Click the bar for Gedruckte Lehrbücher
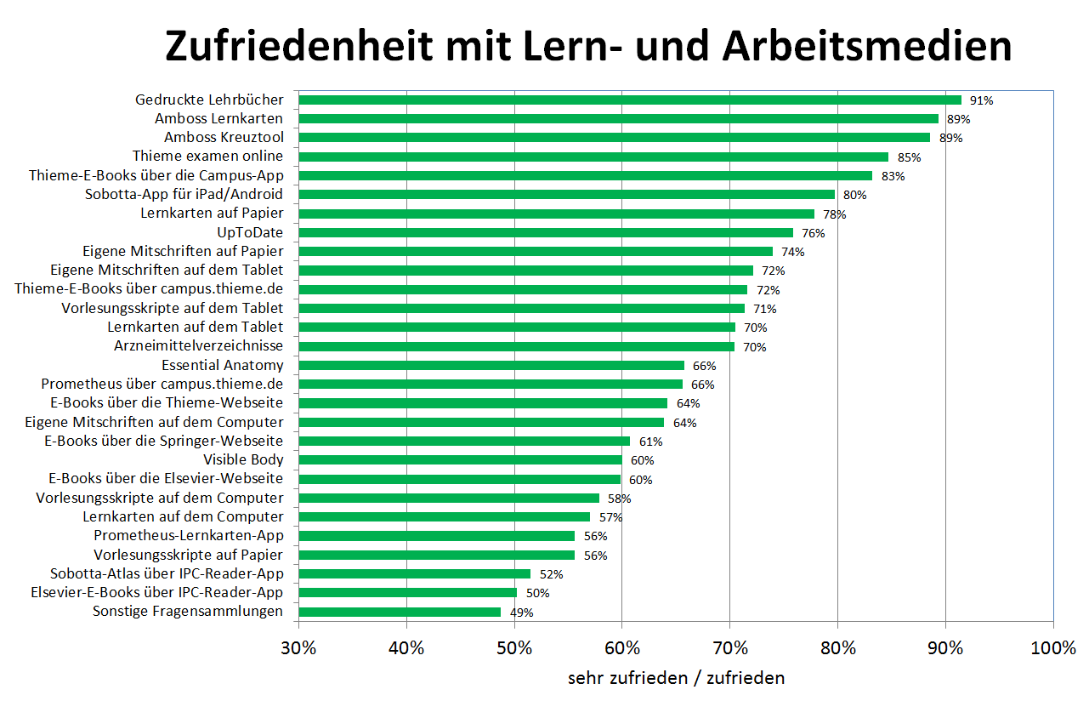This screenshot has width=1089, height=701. (629, 100)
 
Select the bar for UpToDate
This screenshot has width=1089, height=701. (546, 232)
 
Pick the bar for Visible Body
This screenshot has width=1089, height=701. (460, 460)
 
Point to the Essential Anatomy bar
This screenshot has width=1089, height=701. (491, 365)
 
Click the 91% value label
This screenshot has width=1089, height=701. (982, 100)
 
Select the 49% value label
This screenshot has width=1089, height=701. (522, 613)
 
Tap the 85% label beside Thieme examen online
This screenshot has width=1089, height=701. (909, 157)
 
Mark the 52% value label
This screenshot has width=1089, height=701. (551, 574)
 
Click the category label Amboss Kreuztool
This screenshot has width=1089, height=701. (224, 137)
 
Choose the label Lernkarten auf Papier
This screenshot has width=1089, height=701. (212, 213)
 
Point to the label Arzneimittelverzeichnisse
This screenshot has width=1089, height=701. (198, 346)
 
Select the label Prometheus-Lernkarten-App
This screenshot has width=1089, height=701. (189, 536)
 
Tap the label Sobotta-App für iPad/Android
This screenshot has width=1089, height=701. (184, 194)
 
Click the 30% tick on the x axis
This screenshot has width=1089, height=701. (298, 648)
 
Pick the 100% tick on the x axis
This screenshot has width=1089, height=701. (1052, 648)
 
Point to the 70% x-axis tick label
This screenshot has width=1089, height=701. (729, 648)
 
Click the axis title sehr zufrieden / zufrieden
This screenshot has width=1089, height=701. (676, 678)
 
